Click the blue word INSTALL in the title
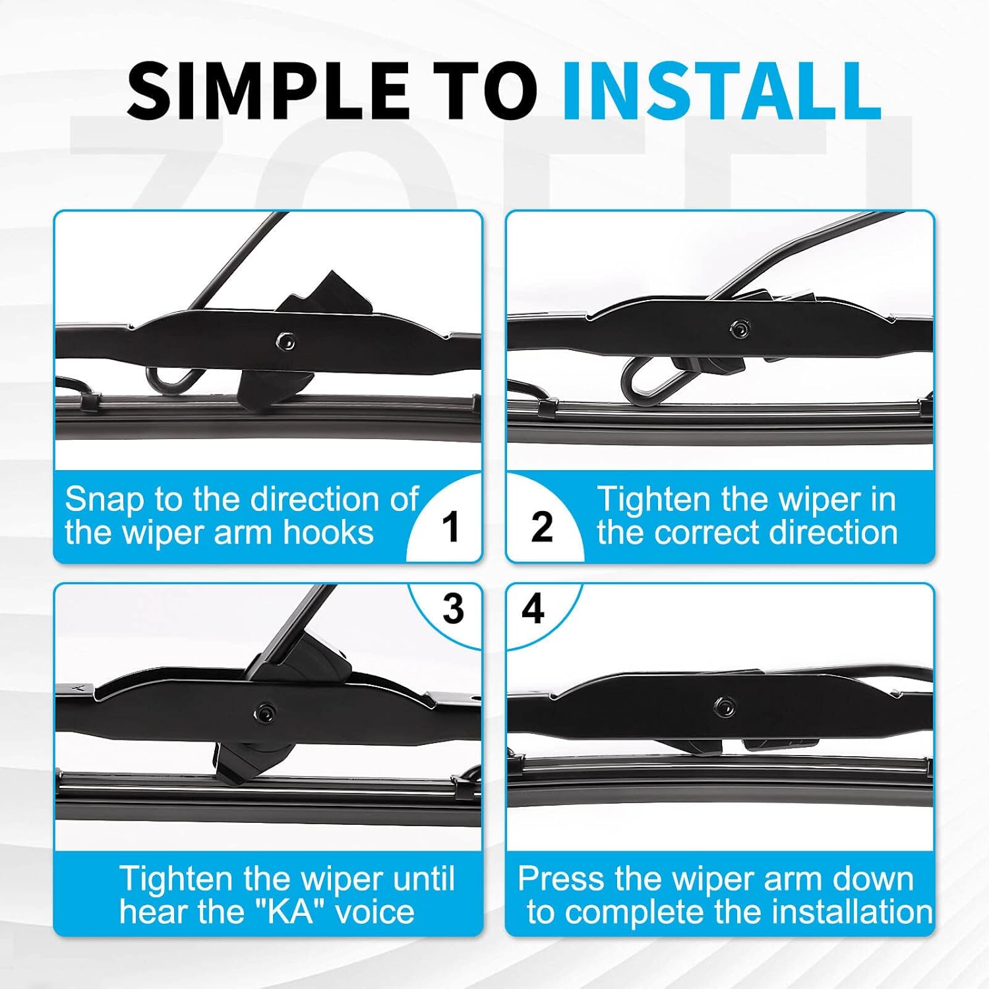(x=721, y=90)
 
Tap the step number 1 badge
(x=451, y=527)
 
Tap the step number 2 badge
(x=542, y=527)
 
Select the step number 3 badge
(x=453, y=608)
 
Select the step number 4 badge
(x=533, y=608)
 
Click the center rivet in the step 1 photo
(x=286, y=342)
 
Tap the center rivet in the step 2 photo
(x=738, y=328)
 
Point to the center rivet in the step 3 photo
(x=266, y=712)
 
